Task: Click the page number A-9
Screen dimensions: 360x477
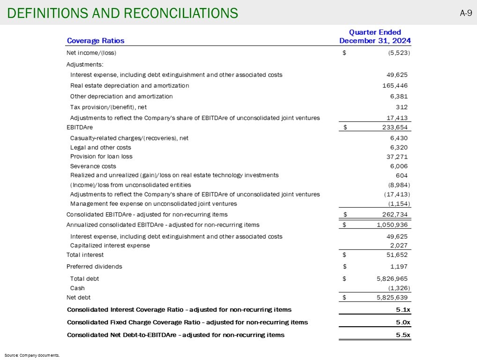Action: point(465,13)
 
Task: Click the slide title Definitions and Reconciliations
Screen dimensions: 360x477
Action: point(122,13)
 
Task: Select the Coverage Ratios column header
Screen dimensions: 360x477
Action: point(96,41)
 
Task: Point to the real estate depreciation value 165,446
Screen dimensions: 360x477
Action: point(395,86)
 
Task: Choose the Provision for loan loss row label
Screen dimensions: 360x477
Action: point(101,157)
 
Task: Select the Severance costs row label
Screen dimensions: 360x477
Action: point(93,166)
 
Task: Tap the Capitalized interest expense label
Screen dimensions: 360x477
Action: point(110,245)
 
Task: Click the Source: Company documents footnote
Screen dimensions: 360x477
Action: point(32,355)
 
